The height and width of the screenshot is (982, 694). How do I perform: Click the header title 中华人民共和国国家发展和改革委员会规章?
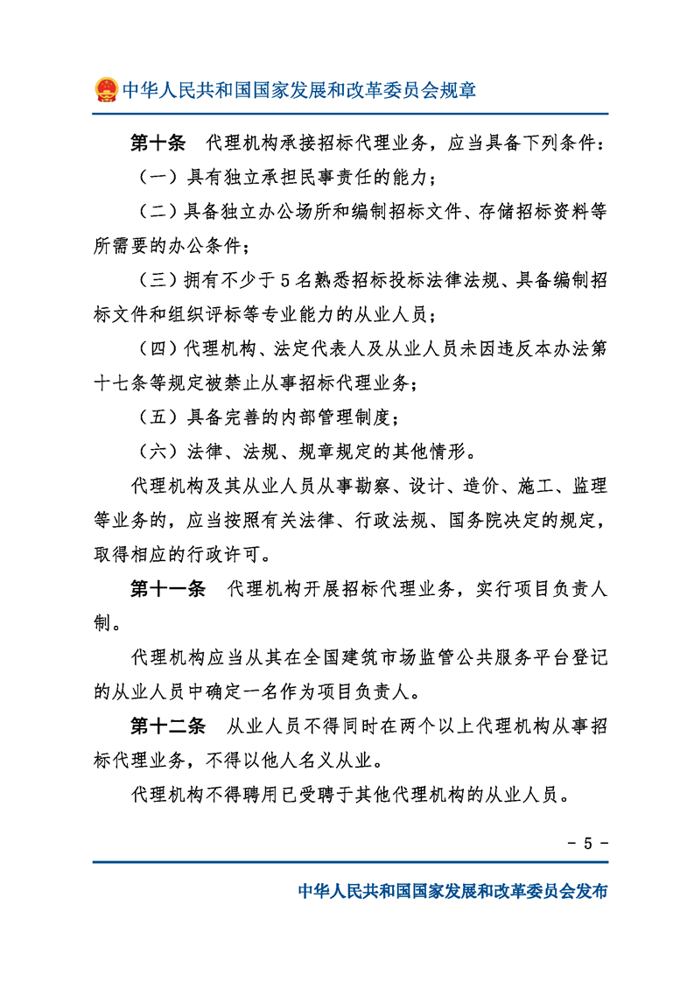(x=298, y=90)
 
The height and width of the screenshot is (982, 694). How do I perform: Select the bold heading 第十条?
(x=158, y=143)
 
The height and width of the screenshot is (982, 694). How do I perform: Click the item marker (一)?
(x=158, y=178)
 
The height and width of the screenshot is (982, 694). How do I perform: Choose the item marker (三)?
(x=158, y=281)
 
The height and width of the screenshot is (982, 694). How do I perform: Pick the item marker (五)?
(x=158, y=417)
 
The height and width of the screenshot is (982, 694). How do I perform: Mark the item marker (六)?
(x=158, y=452)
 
